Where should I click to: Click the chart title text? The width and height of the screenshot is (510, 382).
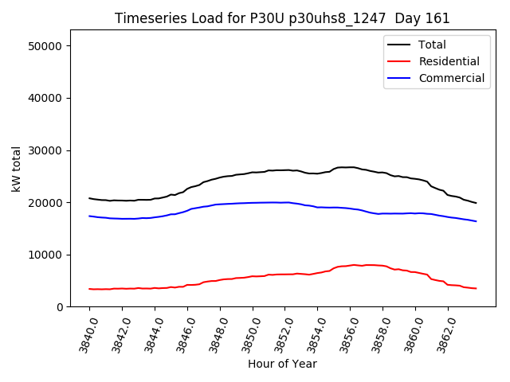pyautogui.click(x=282, y=18)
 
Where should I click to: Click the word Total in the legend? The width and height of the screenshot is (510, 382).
pyautogui.click(x=433, y=45)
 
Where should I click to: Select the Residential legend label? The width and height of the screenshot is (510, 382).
pyautogui.click(x=449, y=61)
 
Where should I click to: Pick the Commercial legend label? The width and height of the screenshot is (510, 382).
pyautogui.click(x=451, y=78)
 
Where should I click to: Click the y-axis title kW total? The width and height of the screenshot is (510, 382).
pyautogui.click(x=16, y=169)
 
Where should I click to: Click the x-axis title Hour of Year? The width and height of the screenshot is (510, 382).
pyautogui.click(x=282, y=364)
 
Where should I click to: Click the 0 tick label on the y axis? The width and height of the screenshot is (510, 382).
pyautogui.click(x=60, y=307)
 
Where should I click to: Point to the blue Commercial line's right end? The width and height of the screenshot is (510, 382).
pyautogui.click(x=476, y=221)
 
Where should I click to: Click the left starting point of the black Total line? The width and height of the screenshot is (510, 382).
pyautogui.click(x=89, y=198)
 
